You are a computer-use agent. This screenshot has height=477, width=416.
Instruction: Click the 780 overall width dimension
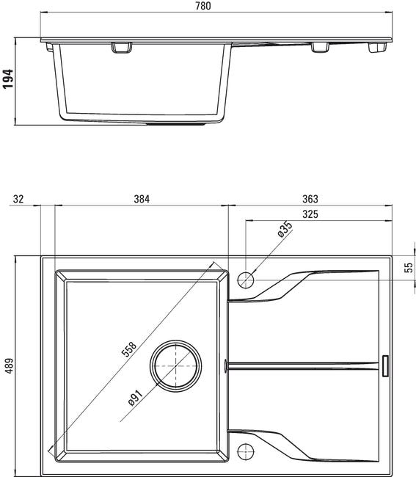(202, 6)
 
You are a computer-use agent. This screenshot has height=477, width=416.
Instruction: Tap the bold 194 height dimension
(8, 79)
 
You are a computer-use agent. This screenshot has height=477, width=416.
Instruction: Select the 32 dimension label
(18, 199)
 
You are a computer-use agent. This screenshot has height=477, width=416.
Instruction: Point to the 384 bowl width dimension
(142, 199)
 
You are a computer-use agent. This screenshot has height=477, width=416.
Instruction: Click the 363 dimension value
(310, 199)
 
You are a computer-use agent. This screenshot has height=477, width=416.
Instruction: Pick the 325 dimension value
(310, 214)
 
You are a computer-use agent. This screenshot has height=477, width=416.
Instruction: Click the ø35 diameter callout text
(285, 229)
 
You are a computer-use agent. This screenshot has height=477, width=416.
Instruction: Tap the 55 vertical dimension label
(409, 267)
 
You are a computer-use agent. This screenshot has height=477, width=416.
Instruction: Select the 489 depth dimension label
(10, 366)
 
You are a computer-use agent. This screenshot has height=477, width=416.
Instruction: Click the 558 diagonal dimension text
(129, 349)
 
